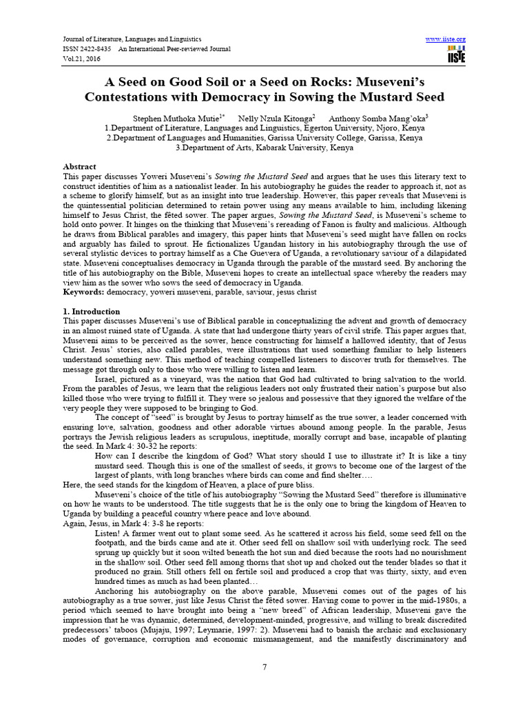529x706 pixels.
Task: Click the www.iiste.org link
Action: (447, 39)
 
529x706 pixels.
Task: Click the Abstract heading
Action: (79, 167)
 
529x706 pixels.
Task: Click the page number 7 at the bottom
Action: (264, 667)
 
